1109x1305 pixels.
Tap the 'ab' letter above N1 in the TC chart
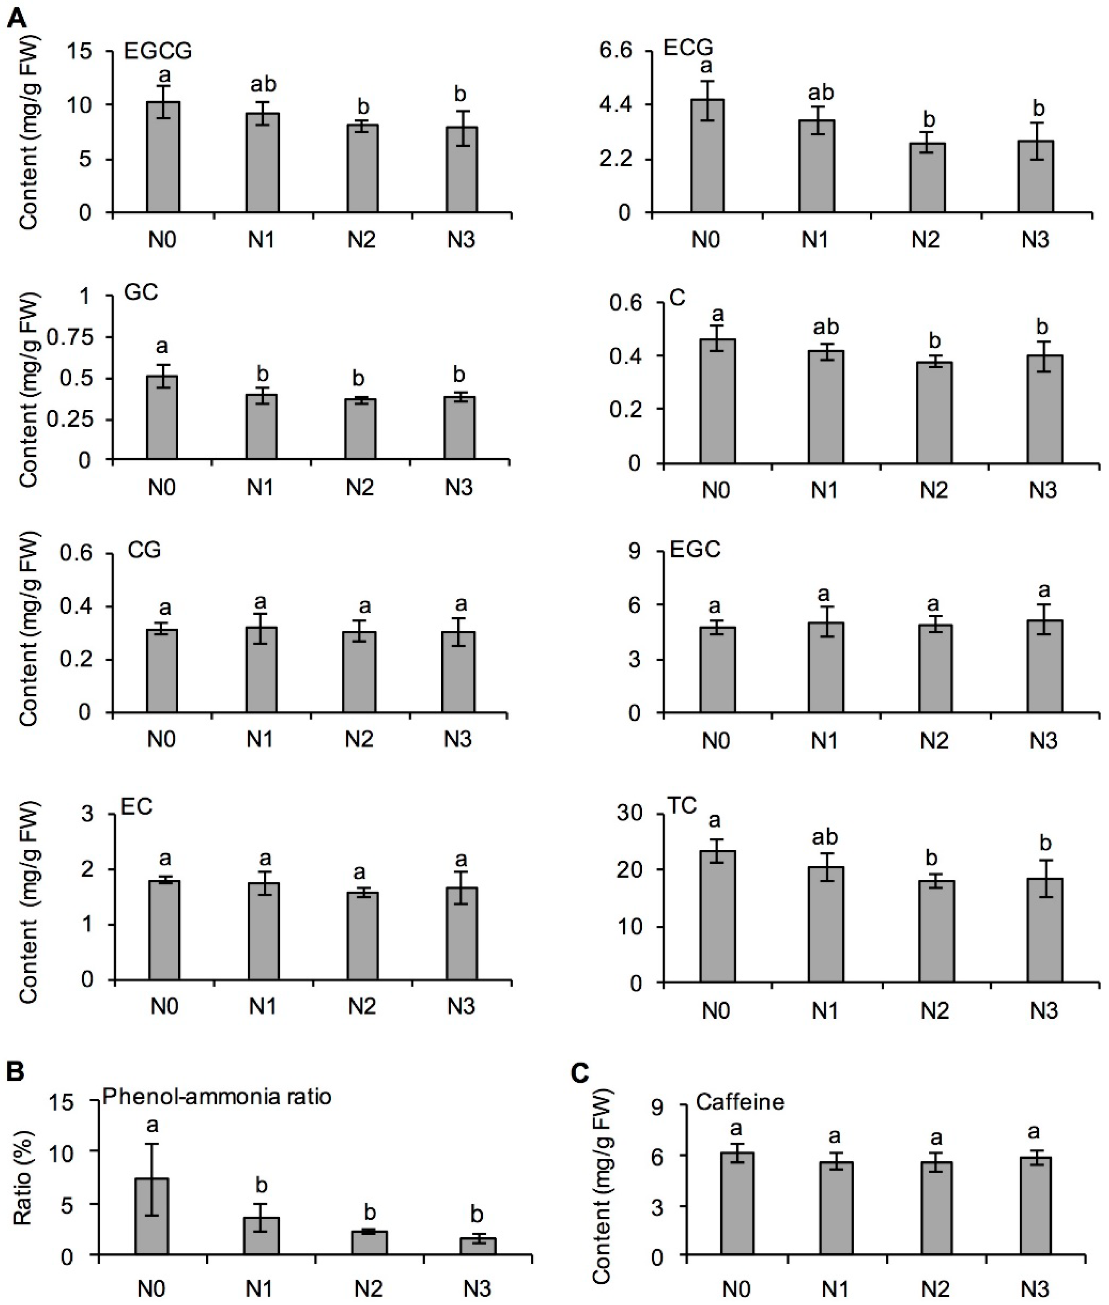tap(824, 837)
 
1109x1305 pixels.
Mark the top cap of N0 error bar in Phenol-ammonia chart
tap(152, 1143)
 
